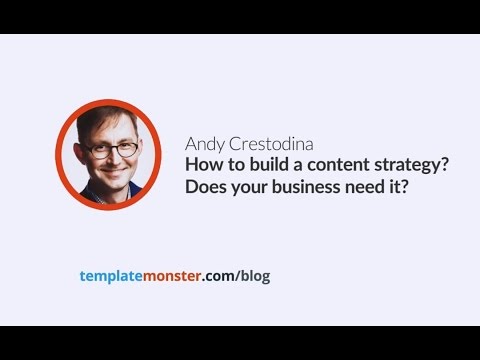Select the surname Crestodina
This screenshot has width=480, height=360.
265,143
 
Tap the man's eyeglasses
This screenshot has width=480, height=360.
112,147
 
